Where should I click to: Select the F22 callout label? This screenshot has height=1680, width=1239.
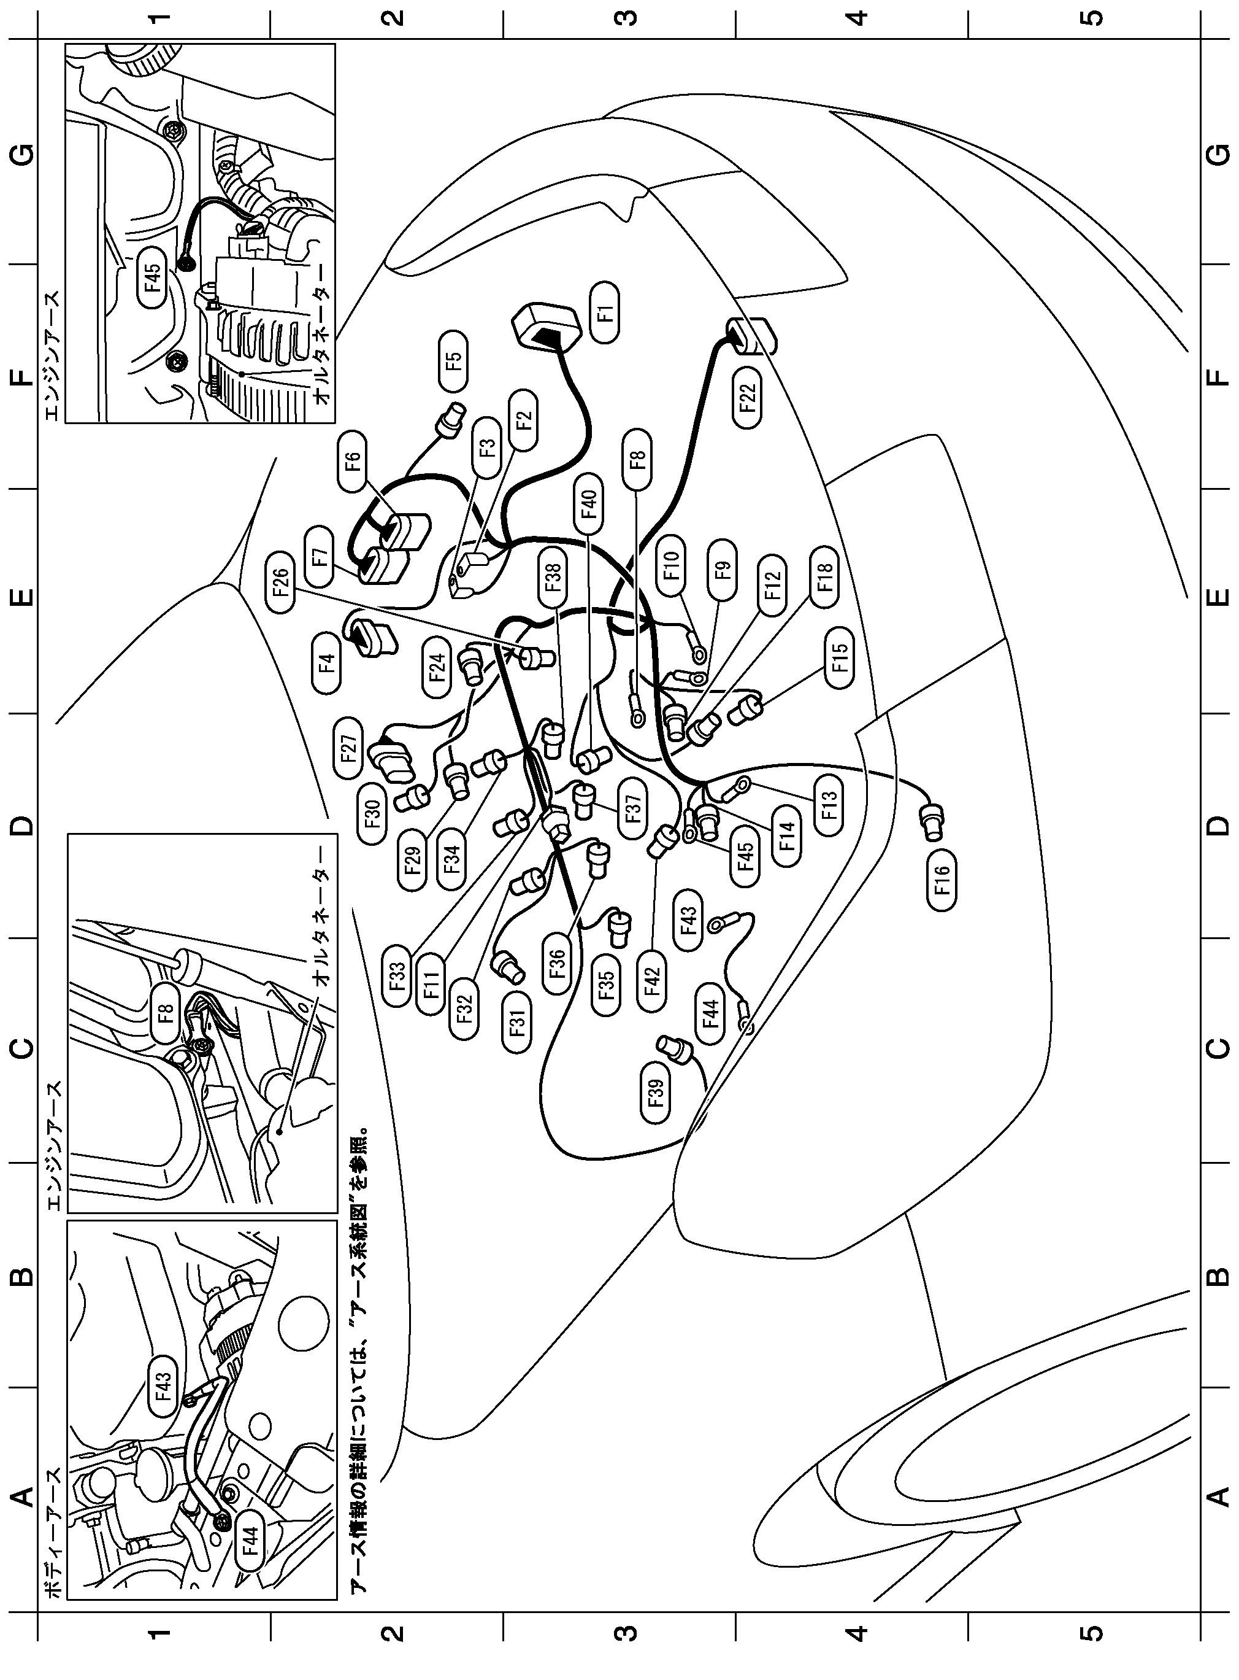tap(748, 400)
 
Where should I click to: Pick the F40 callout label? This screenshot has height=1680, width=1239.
tap(589, 505)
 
